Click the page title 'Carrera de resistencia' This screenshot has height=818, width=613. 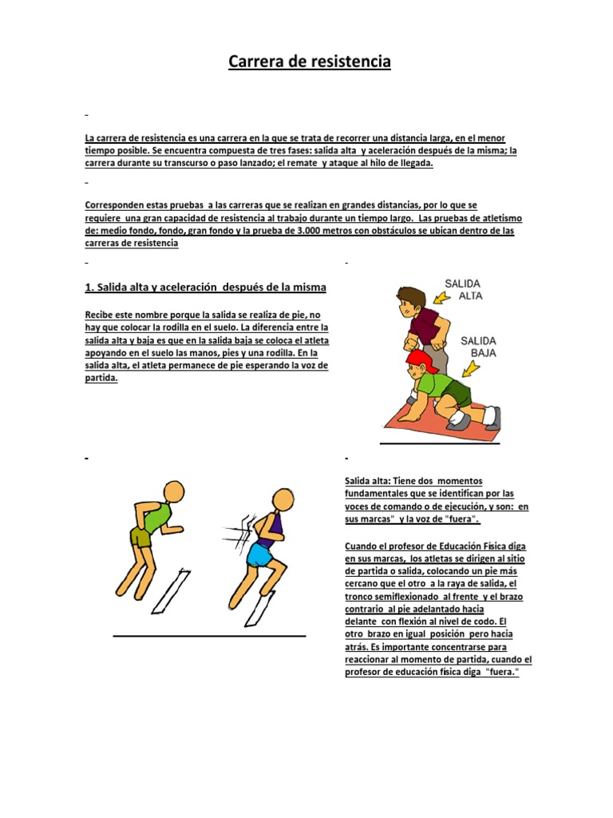[310, 61]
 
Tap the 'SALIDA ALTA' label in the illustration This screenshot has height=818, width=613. [463, 289]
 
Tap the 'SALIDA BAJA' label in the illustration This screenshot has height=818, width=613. [478, 347]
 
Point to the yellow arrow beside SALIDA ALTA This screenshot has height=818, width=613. [441, 298]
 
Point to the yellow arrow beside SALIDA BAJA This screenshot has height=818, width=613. [471, 369]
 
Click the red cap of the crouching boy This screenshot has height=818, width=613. [421, 359]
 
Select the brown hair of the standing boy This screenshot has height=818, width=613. [411, 296]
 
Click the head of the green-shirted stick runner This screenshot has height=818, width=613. [173, 491]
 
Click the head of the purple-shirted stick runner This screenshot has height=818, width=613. [283, 499]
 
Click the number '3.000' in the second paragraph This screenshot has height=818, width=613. [309, 231]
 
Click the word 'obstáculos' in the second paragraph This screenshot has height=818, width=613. [377, 231]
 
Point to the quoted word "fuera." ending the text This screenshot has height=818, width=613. [502, 672]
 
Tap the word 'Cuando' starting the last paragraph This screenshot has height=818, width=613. [360, 546]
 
